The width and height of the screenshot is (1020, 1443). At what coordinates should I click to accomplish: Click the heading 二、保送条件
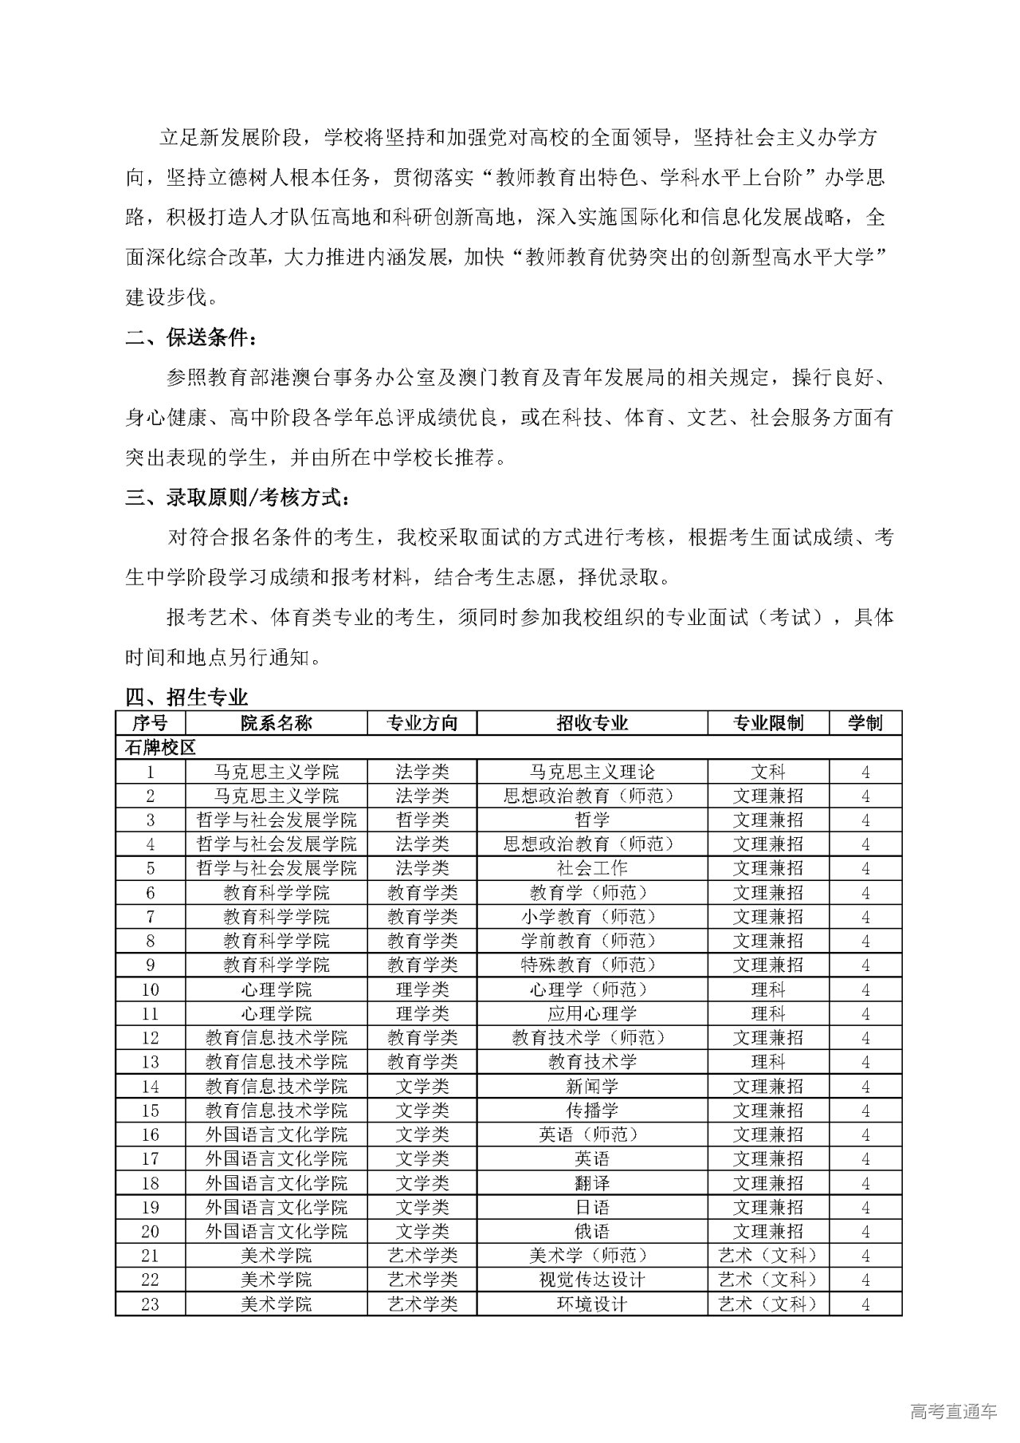coord(191,337)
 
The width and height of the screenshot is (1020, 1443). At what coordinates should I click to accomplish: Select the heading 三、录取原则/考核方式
coord(237,498)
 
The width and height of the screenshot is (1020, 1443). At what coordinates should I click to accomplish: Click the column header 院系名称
coord(276,723)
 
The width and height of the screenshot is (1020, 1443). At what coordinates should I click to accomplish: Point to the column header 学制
coord(865,723)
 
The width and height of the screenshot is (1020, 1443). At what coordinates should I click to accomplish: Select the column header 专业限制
coord(768,723)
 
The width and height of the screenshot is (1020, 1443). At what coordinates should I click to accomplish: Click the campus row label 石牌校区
coord(160,748)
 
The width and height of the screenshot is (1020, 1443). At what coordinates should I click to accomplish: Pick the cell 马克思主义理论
coord(592,772)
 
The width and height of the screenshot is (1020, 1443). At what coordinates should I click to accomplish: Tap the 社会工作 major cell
coord(592,868)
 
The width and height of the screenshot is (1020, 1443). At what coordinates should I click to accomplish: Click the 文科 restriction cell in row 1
coord(768,772)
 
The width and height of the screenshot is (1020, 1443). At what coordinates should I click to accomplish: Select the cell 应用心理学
coord(592,1013)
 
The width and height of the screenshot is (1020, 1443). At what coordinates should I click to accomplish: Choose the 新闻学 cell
coord(592,1086)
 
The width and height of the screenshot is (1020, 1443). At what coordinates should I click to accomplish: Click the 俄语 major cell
coord(592,1231)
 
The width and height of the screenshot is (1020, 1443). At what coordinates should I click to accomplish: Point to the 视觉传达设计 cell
coord(592,1280)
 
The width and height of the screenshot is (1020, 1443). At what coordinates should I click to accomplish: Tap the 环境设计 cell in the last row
coord(592,1303)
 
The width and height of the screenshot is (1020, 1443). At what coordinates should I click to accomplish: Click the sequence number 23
coord(150,1303)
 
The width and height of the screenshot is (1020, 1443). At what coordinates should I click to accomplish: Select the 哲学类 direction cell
coord(422,820)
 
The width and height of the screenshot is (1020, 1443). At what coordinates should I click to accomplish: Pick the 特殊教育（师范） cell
coord(592,965)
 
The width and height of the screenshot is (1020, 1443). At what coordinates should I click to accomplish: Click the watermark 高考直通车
coord(952,1412)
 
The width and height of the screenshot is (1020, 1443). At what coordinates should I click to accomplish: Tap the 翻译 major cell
coord(592,1182)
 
